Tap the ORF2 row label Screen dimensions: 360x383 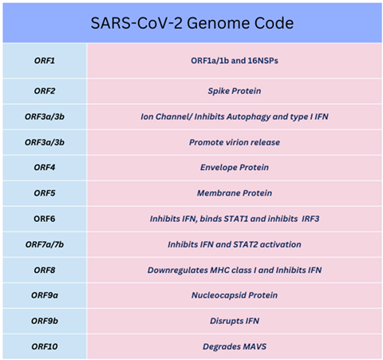point(45,91)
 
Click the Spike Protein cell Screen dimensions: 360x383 point(234,91)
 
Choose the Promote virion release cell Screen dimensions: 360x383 point(234,142)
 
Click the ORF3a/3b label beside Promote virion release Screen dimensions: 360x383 point(45,142)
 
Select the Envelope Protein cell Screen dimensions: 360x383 point(234,168)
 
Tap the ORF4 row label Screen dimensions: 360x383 point(45,168)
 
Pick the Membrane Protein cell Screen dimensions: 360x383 point(234,193)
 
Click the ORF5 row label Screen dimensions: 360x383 point(45,193)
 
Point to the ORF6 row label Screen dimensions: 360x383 point(45,218)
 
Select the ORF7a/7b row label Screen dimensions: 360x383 point(45,243)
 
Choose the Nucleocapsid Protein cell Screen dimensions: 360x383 point(234,295)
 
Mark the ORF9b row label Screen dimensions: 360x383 point(45,320)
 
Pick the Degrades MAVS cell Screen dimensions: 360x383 point(234,345)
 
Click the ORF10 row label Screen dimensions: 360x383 point(45,345)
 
